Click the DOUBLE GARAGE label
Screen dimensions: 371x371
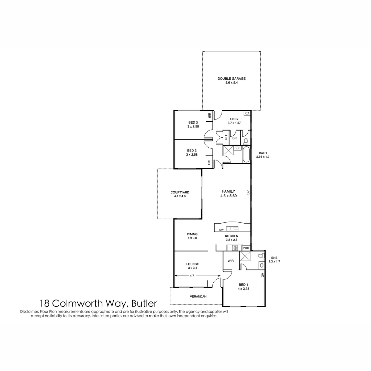click(x=232, y=79)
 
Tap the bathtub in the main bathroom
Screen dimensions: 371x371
click(x=246, y=154)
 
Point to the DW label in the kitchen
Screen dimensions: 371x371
click(x=221, y=229)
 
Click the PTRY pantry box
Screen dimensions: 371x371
click(x=246, y=248)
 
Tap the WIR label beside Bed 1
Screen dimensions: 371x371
click(x=231, y=261)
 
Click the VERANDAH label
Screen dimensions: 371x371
click(x=198, y=296)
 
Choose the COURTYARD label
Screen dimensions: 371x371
click(x=180, y=192)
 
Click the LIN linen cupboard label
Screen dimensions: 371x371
click(x=226, y=137)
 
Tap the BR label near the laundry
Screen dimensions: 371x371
click(x=234, y=138)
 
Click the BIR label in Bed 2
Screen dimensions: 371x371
click(x=209, y=162)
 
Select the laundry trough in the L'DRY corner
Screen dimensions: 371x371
click(x=247, y=113)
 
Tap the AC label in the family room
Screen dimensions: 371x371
click(x=247, y=193)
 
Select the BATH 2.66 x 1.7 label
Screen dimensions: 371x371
click(x=263, y=155)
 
